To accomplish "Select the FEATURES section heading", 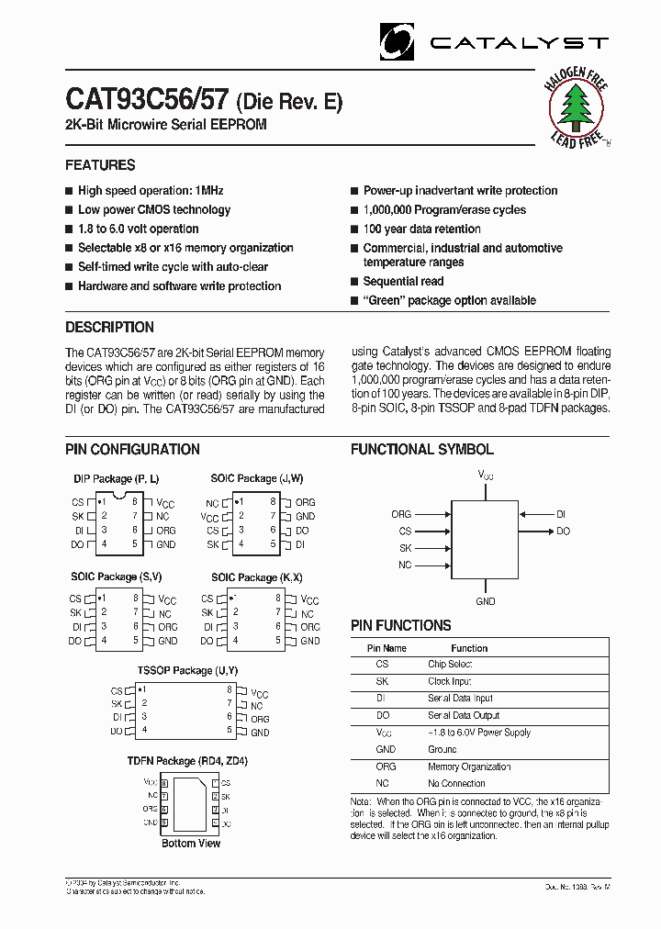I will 100,165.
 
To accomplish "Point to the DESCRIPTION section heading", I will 109,328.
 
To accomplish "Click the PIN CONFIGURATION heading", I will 132,450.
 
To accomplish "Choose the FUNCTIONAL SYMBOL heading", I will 421,450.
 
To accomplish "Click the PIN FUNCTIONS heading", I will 400,626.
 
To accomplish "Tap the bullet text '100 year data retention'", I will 421,229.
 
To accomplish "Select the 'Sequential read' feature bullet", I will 403,282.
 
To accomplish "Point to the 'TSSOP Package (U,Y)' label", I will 175,671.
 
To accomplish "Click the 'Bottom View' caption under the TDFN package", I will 191,843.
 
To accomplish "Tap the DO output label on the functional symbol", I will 563,532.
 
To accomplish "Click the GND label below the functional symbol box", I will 486,601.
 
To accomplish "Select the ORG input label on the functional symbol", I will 401,515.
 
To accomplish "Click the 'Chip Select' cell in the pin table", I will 450,664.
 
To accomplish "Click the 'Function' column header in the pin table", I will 469,648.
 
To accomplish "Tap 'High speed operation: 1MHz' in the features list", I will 151,191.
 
